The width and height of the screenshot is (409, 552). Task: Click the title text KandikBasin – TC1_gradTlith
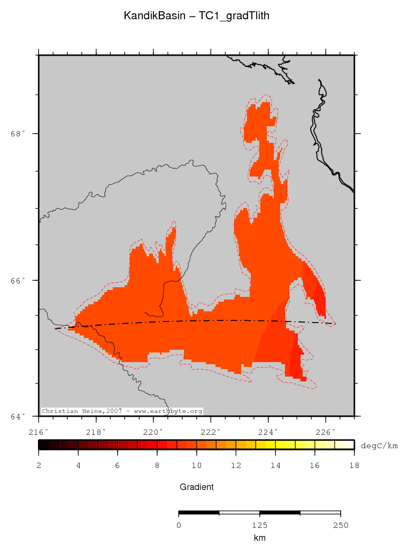click(x=196, y=17)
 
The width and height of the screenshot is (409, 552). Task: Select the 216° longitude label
click(x=38, y=432)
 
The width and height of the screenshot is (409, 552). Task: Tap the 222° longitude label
click(x=211, y=432)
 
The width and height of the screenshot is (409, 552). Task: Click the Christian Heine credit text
click(x=122, y=411)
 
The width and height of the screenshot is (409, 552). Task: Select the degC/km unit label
click(x=379, y=446)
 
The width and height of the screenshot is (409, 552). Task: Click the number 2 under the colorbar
click(x=38, y=466)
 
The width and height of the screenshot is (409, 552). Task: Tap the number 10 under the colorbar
click(x=196, y=466)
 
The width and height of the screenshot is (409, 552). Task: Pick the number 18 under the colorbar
click(x=353, y=466)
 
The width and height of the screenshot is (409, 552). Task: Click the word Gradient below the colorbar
click(x=196, y=487)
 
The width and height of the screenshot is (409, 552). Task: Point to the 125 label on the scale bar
click(x=259, y=525)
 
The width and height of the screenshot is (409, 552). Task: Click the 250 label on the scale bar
click(x=340, y=525)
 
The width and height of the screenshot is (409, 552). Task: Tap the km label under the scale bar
click(x=259, y=538)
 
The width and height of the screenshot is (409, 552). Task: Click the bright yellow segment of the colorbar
click(x=284, y=444)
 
